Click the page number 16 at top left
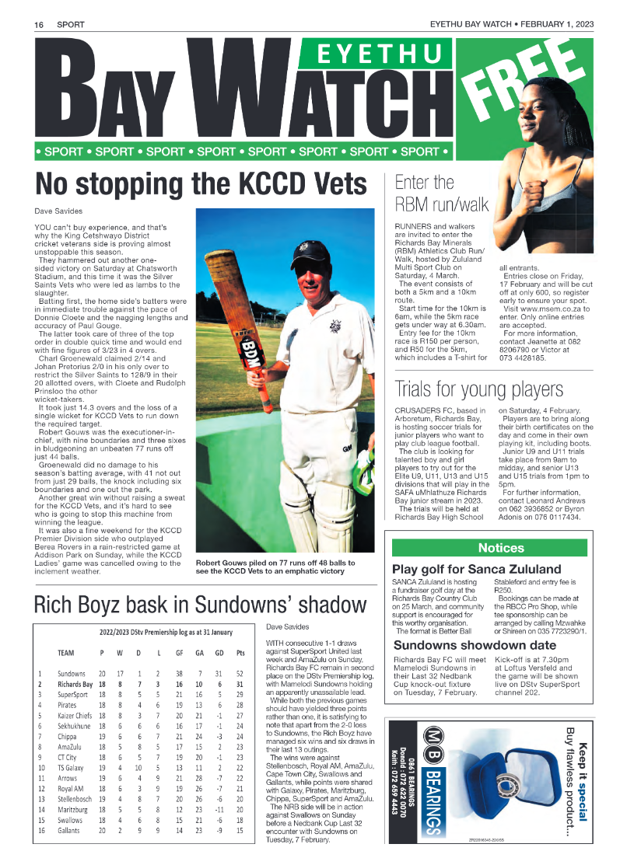(x=38, y=25)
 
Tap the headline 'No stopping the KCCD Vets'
(x=201, y=184)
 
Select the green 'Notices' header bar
(x=489, y=548)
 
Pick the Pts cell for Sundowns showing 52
(x=240, y=674)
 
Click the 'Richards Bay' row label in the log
(x=75, y=685)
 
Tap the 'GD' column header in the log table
(x=220, y=653)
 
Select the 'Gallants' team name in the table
(x=68, y=830)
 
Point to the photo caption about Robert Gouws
(x=277, y=567)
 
